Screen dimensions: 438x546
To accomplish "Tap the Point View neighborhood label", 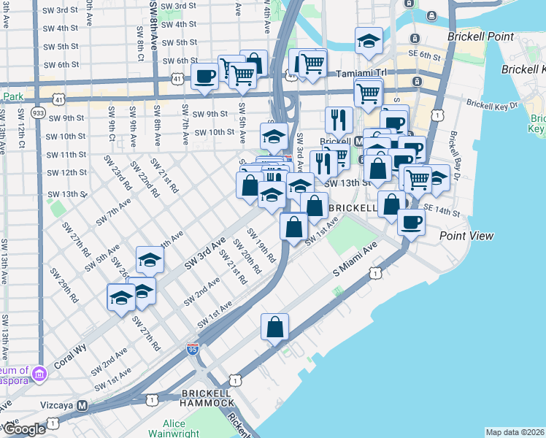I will point(466,236).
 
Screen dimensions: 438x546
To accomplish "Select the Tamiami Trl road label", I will point(364,74).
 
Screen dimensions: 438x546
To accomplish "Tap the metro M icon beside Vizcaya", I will point(83,405).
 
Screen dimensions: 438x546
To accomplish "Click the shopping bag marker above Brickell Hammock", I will point(274,329).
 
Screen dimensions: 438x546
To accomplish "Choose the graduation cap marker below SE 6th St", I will point(369,42).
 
